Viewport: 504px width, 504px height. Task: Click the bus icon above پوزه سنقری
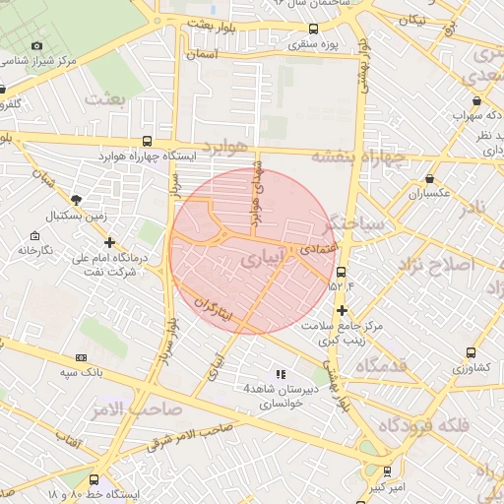tap(313, 29)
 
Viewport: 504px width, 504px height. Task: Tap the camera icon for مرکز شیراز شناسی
tap(37, 45)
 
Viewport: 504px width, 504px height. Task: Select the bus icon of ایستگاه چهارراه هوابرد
tap(147, 141)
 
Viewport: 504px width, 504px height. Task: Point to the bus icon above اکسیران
tap(430, 178)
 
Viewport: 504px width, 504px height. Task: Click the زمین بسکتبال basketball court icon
tap(77, 200)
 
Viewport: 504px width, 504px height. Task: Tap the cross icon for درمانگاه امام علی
tap(109, 242)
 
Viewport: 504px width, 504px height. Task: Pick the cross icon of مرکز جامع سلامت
tap(341, 310)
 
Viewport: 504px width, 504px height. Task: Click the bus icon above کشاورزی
tap(471, 352)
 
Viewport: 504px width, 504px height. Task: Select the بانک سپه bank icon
tap(81, 357)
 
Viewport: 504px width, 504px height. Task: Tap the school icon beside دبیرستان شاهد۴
tap(282, 374)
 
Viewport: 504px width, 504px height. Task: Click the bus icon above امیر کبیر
tap(387, 472)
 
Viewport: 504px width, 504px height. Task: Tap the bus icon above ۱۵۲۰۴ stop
tap(341, 272)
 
